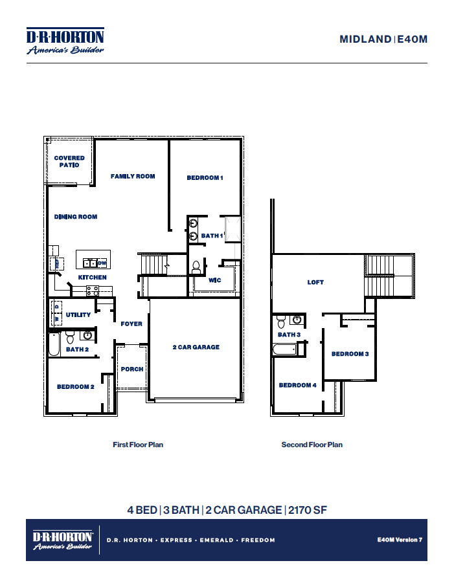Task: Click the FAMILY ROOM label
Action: point(133,176)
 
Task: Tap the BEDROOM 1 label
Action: point(205,178)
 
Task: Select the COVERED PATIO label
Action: point(69,162)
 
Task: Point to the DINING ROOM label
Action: point(76,217)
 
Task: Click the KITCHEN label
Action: point(93,278)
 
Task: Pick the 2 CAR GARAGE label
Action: point(196,348)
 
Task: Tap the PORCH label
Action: point(132,370)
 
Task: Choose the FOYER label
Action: point(131,324)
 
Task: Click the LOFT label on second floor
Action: point(315,283)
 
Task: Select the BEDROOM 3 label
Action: point(350,354)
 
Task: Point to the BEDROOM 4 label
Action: point(297,386)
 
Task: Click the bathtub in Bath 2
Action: point(54,344)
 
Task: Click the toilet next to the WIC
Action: point(196,266)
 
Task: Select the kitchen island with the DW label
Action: point(94,261)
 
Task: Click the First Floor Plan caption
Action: point(138,445)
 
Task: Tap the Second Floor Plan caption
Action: point(312,445)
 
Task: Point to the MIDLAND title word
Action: point(365,39)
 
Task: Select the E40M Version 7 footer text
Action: point(399,540)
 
